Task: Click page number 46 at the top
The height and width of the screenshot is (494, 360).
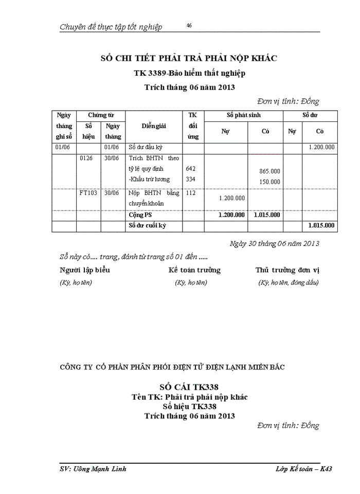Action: (189, 25)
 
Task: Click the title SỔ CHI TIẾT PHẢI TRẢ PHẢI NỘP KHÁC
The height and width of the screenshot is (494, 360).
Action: (188, 58)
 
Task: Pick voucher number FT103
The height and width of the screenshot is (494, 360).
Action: (88, 193)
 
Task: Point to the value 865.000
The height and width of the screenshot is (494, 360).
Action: (269, 171)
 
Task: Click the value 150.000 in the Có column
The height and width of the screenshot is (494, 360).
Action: (269, 181)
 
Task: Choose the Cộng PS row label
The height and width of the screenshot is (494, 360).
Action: (140, 215)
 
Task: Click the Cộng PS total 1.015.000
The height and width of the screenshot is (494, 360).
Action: (267, 215)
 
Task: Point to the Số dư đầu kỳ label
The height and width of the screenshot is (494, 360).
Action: (146, 147)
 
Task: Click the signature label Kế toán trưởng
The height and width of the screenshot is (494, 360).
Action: (194, 270)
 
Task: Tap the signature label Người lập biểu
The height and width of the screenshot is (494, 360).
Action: (85, 270)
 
